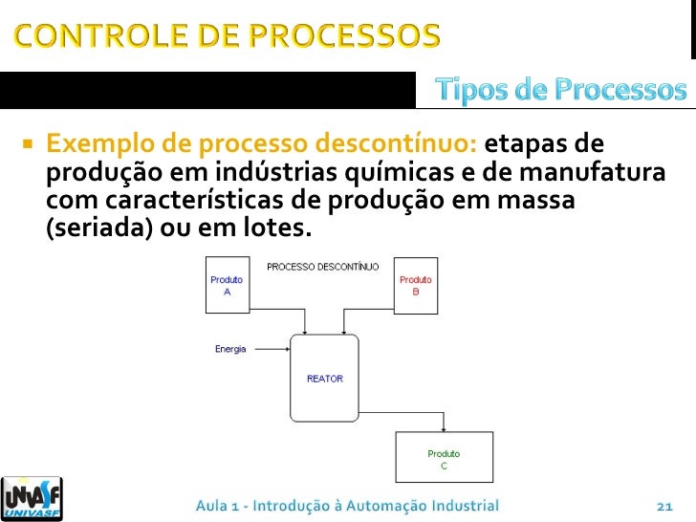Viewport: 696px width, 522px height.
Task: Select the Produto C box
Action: (444, 459)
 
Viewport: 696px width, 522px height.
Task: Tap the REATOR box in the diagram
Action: (324, 379)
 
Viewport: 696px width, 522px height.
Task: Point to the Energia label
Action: (230, 349)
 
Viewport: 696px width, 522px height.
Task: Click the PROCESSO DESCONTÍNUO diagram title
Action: (322, 266)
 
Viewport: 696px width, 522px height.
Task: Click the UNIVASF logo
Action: (33, 497)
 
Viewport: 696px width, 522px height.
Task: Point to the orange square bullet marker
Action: (27, 147)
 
